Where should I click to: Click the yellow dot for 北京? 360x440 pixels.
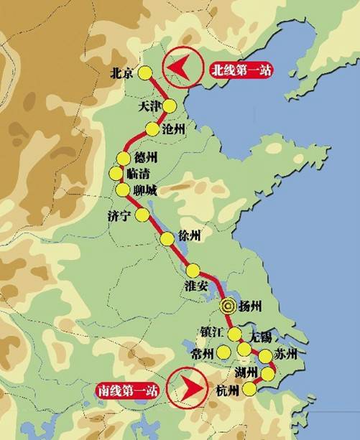pyautogui.click(x=145, y=72)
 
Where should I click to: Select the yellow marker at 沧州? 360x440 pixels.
pyautogui.click(x=152, y=129)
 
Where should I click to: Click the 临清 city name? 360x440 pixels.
pyautogui.click(x=139, y=173)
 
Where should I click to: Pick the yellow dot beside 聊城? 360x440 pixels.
pyautogui.click(x=121, y=189)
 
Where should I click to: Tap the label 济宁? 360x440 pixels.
pyautogui.click(x=119, y=215)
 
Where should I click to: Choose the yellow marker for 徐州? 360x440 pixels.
pyautogui.click(x=167, y=239)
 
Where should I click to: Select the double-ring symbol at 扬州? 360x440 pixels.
pyautogui.click(x=228, y=305)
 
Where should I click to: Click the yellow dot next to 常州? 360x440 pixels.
pyautogui.click(x=225, y=352)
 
